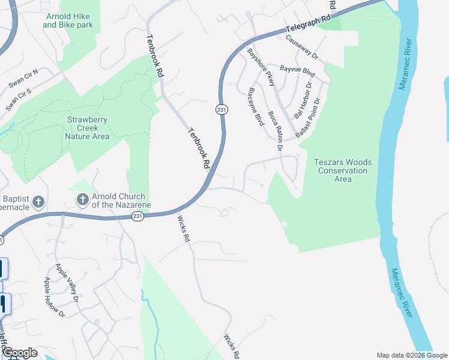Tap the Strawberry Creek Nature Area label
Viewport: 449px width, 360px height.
pyautogui.click(x=87, y=128)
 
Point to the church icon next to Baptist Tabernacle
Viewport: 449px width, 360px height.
pyautogui.click(x=38, y=202)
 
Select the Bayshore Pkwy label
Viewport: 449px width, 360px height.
pyautogui.click(x=261, y=68)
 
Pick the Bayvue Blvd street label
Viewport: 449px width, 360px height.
pyautogui.click(x=297, y=71)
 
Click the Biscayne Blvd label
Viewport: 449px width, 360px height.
pyautogui.click(x=256, y=107)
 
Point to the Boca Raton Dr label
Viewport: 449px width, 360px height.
pyautogui.click(x=276, y=130)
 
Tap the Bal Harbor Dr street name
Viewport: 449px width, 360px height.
pyautogui.click(x=303, y=100)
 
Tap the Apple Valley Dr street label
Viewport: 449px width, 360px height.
pyautogui.click(x=67, y=283)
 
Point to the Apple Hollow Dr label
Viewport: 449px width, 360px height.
pyautogui.click(x=54, y=296)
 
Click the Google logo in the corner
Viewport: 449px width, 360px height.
pyautogui.click(x=19, y=353)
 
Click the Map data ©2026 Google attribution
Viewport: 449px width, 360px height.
pyautogui.click(x=412, y=355)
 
